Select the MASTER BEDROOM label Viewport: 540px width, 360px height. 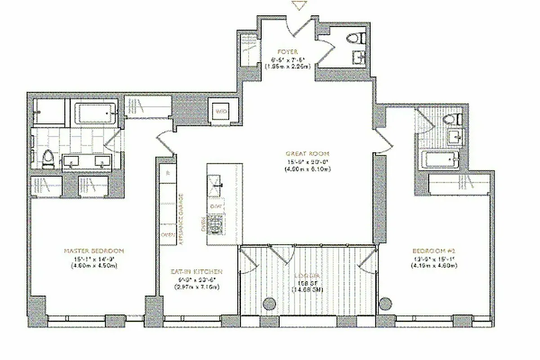tap(94, 251)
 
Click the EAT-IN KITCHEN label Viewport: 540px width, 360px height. tap(196, 272)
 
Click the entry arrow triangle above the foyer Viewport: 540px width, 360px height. tap(298, 6)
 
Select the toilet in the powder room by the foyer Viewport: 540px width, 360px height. tap(358, 38)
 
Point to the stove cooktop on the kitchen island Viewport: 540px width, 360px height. tap(218, 224)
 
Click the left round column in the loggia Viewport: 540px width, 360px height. tap(269, 305)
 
